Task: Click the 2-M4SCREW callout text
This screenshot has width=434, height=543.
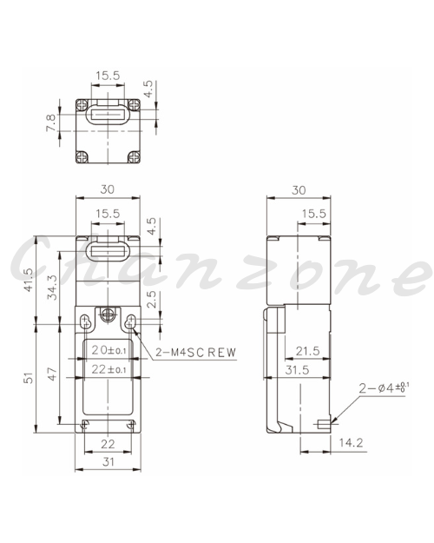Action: coord(196,352)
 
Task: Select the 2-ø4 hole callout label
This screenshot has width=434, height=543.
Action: coord(384,387)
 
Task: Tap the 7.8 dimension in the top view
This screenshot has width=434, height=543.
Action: coord(50,123)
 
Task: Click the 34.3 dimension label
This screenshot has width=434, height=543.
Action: coord(52,287)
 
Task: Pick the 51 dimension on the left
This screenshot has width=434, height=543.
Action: coord(29,377)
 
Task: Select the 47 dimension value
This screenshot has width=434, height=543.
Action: coord(52,374)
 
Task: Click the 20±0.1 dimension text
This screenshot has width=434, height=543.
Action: coord(108,350)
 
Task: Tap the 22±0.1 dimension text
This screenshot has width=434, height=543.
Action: coord(108,369)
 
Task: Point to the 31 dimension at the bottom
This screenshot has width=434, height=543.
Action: coord(108,461)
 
